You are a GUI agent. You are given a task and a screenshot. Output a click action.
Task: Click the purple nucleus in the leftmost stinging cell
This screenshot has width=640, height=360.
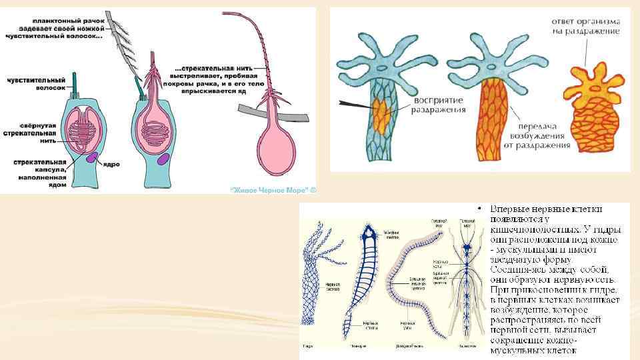click(91, 158)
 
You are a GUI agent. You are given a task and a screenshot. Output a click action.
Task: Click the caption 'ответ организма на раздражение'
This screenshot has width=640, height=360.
click(585, 25)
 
